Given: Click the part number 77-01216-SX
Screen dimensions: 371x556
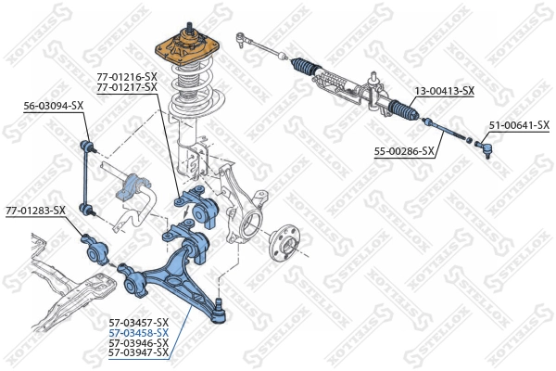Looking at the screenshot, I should tap(127, 77).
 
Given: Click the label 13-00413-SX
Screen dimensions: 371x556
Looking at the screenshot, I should tap(444, 91).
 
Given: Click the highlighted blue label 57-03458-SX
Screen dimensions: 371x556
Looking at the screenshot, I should tap(139, 332).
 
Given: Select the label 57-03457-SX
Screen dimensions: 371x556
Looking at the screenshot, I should tap(139, 322).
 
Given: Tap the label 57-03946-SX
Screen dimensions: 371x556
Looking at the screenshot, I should tap(139, 342).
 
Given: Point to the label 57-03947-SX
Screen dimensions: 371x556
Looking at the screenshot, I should tap(139, 352).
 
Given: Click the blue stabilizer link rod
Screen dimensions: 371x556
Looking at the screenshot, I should tap(89, 176).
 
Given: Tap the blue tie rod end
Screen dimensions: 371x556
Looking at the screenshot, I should tap(486, 146).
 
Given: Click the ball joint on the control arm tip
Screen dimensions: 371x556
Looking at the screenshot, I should tap(218, 312).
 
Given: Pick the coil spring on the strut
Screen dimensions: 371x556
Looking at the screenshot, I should tap(192, 88).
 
